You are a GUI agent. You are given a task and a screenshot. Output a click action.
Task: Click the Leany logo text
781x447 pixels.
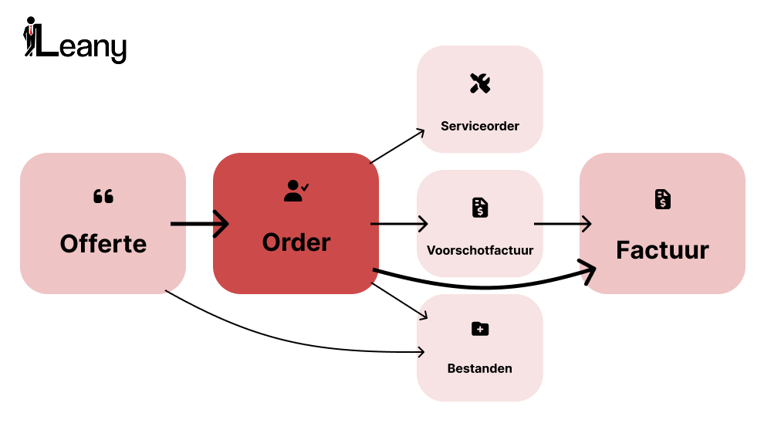coord(82,47)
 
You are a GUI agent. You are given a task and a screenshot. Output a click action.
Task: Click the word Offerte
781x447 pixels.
coord(103,244)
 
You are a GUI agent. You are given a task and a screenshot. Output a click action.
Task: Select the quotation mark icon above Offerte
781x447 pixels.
coord(103,196)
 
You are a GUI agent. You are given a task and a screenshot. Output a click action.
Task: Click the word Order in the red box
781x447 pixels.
coord(296,242)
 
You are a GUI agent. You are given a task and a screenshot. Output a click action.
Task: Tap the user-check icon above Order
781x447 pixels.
coord(296,191)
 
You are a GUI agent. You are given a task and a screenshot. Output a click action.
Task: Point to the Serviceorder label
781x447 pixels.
coord(480,126)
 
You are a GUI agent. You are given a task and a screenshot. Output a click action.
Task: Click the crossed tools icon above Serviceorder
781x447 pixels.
coord(480,83)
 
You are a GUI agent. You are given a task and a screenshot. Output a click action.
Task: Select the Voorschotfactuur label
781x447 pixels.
coord(480,250)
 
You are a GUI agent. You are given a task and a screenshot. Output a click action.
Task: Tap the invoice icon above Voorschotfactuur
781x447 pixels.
coord(480,207)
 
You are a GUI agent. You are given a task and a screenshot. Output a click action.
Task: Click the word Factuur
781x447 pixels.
coord(662,250)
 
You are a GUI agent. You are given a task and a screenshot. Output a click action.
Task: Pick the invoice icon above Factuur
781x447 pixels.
coord(662,199)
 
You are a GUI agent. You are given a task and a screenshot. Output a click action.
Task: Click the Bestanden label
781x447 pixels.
coord(480,368)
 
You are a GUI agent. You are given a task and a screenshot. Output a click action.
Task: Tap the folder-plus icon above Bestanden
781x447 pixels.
coord(480,329)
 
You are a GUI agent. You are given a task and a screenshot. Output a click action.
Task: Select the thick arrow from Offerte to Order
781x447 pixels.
coord(199,225)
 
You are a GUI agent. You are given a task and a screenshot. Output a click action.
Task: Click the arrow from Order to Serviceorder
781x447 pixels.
coord(397,147)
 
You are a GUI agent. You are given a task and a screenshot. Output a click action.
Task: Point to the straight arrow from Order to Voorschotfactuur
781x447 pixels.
coord(399,225)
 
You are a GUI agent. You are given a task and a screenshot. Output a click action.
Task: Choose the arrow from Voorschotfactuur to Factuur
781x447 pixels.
coord(563,225)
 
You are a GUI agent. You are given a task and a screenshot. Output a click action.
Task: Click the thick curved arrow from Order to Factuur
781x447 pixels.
coord(486,287)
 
